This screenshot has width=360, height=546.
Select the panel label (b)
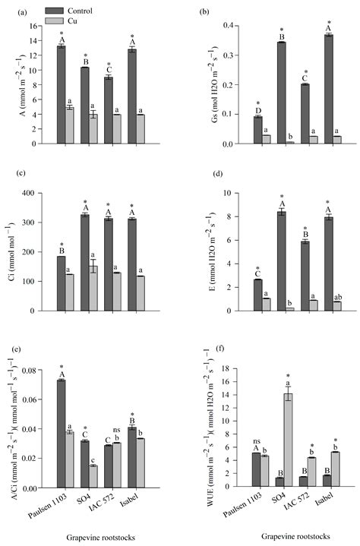pyautogui.click(x=201, y=13)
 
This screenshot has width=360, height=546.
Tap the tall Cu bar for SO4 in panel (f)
pyautogui.click(x=267, y=440)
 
